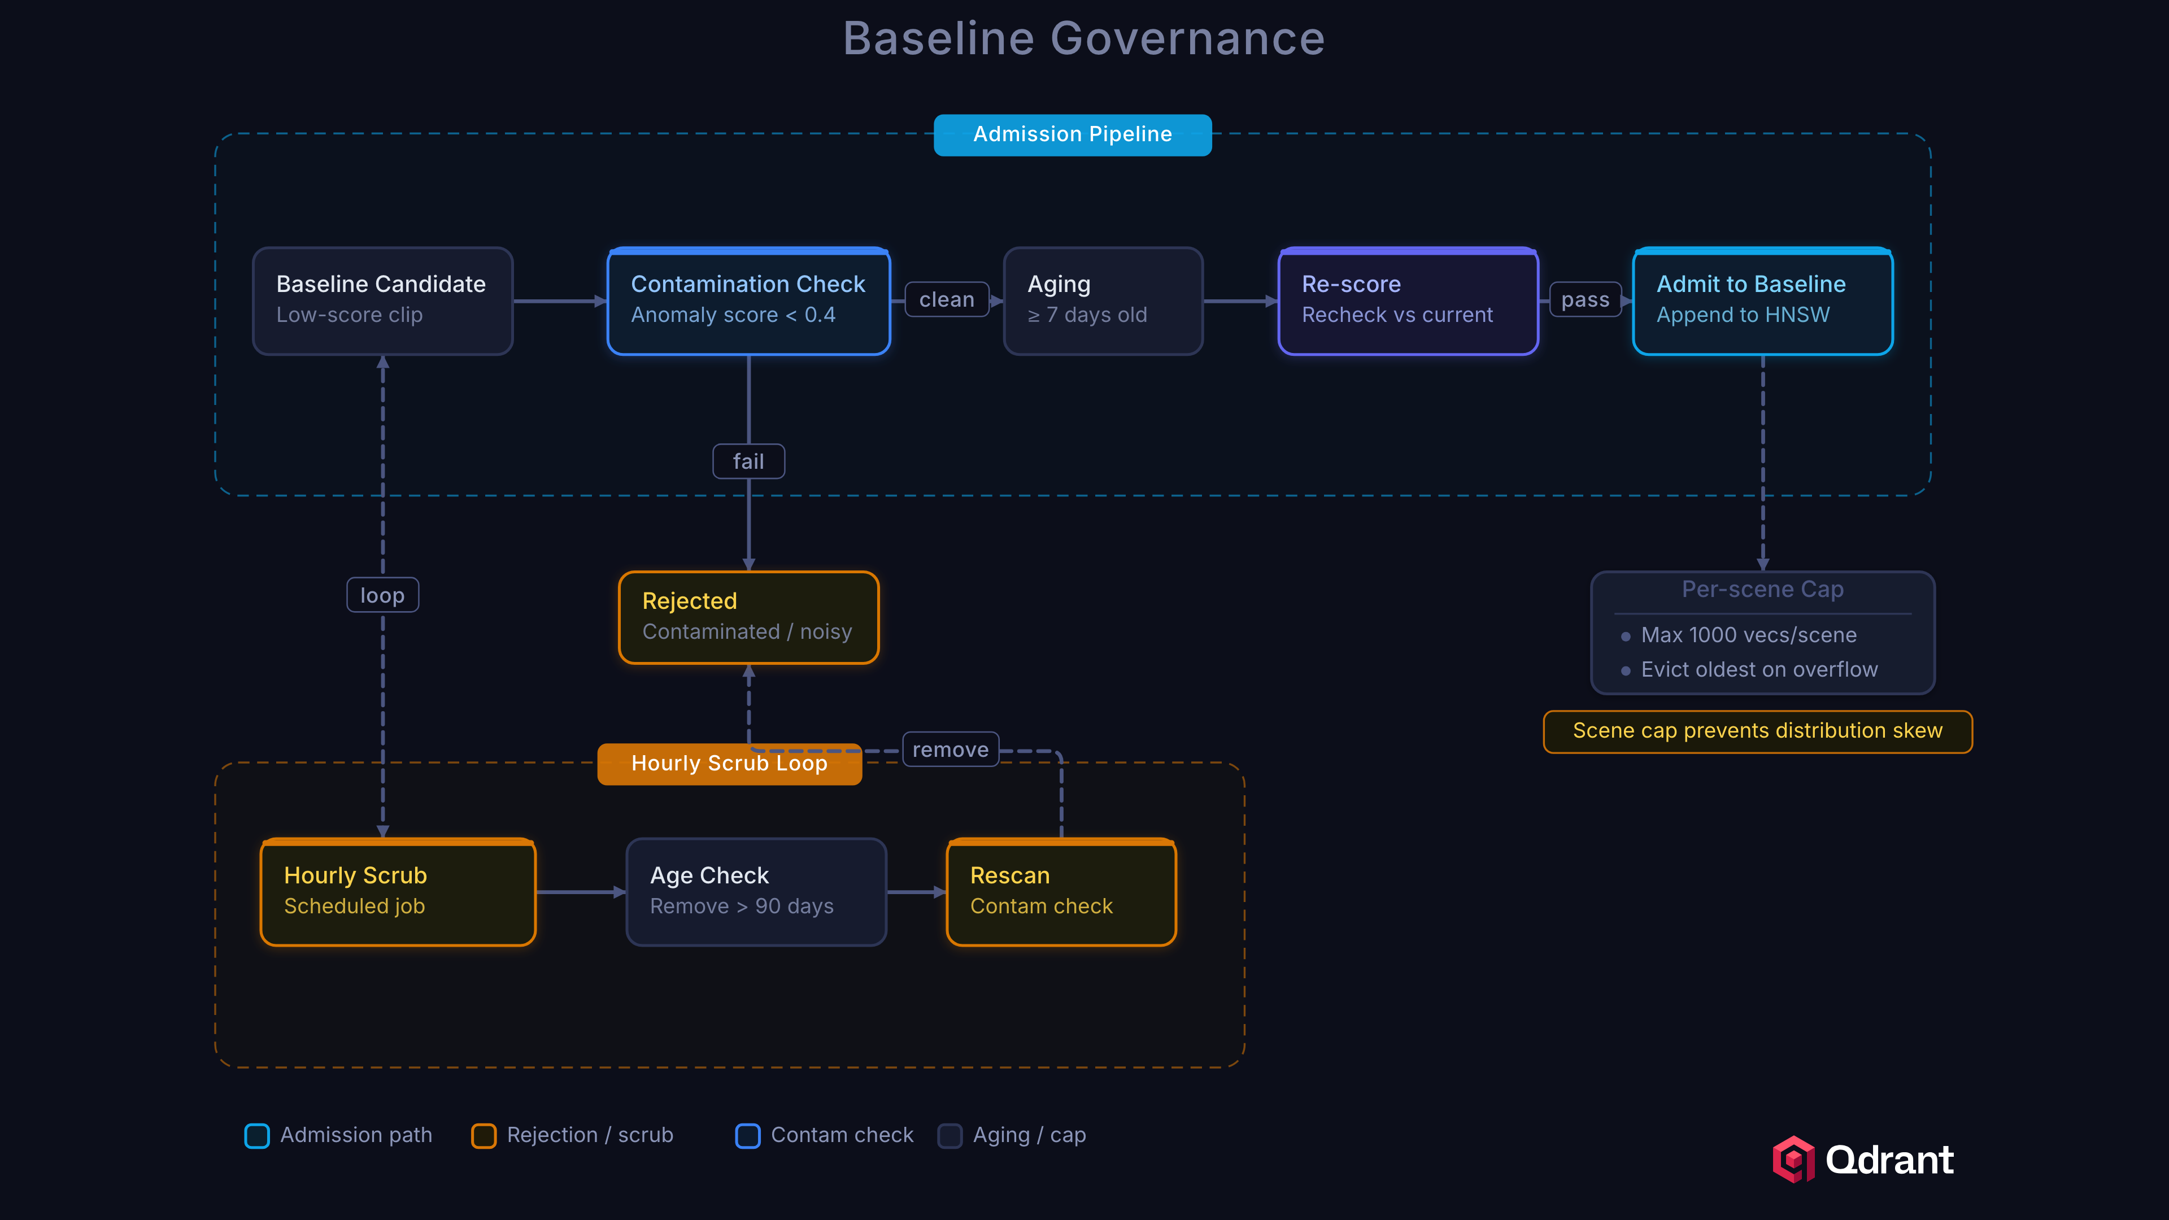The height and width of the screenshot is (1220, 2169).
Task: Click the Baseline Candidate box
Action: pos(382,300)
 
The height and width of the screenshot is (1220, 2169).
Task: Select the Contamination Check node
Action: pos(748,300)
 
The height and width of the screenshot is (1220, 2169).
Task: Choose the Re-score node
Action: pos(1407,300)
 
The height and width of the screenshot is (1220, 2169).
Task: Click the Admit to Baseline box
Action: pos(1762,300)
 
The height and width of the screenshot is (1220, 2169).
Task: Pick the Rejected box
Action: pos(748,617)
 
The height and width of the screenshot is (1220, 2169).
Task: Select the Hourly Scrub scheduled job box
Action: pos(398,892)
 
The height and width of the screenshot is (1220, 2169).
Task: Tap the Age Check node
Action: pos(755,892)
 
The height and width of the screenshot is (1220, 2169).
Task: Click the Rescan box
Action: pos(1060,892)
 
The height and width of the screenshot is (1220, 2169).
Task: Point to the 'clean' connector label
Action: pos(947,300)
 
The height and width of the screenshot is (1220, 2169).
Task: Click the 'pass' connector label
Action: pos(1584,300)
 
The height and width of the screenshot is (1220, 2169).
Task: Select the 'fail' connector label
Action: pos(748,461)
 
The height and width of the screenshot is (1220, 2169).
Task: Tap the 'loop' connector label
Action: pos(382,595)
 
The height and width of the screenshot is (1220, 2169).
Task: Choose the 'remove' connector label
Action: pos(950,750)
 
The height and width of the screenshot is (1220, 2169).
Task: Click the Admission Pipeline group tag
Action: pos(1072,135)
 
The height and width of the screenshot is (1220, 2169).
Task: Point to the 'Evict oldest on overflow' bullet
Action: pos(1758,669)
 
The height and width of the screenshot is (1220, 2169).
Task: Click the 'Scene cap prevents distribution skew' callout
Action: pos(1757,731)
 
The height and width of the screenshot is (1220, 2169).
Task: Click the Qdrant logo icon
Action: pos(1793,1160)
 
